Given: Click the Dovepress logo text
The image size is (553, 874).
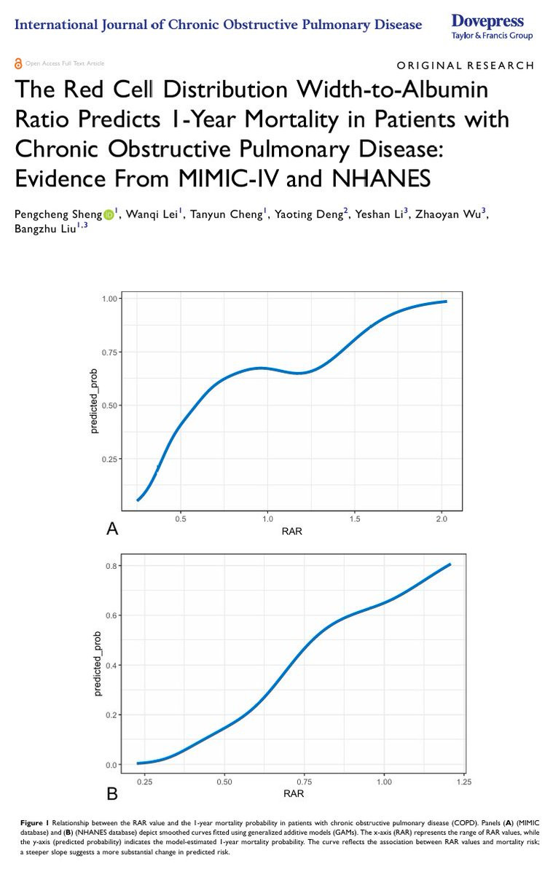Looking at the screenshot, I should [x=487, y=20].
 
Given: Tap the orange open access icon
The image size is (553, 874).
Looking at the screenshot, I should [x=18, y=64].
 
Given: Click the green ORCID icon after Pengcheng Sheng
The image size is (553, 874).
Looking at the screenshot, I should [x=109, y=214].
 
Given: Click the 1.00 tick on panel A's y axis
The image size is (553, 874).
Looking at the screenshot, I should [x=109, y=299].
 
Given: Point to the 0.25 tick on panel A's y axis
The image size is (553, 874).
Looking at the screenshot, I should [x=109, y=459].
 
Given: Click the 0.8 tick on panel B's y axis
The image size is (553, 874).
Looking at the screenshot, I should [x=111, y=565].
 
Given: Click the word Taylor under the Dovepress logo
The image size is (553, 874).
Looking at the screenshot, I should [x=463, y=36].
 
